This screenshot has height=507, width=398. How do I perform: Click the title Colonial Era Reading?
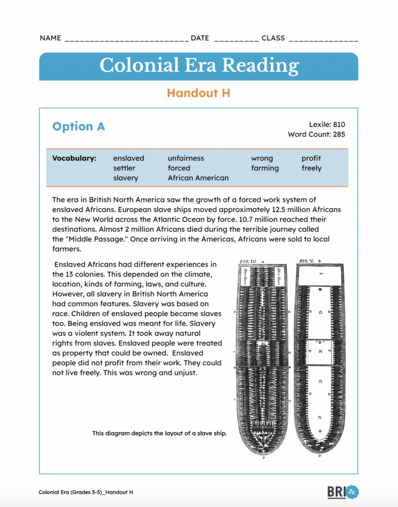[199, 66]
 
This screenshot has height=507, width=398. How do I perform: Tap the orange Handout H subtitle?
[198, 93]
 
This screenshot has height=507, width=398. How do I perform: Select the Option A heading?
[79, 126]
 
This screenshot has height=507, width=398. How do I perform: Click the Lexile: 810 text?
[327, 124]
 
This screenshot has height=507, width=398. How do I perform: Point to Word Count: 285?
[316, 135]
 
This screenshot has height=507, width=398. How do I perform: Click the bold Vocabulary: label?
[74, 158]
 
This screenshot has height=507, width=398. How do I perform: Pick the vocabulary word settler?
[125, 168]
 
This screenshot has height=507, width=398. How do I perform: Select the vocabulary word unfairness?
[186, 158]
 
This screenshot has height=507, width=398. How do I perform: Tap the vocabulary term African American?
[198, 178]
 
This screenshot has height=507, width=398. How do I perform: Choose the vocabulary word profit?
[311, 158]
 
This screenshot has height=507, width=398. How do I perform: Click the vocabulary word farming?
[265, 168]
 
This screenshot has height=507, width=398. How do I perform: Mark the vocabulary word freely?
[311, 168]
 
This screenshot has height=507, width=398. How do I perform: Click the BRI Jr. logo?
[343, 492]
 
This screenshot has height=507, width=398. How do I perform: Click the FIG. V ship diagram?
[321, 357]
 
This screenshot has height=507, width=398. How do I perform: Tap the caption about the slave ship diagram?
[159, 433]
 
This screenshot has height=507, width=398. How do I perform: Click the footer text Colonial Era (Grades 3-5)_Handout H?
[86, 492]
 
